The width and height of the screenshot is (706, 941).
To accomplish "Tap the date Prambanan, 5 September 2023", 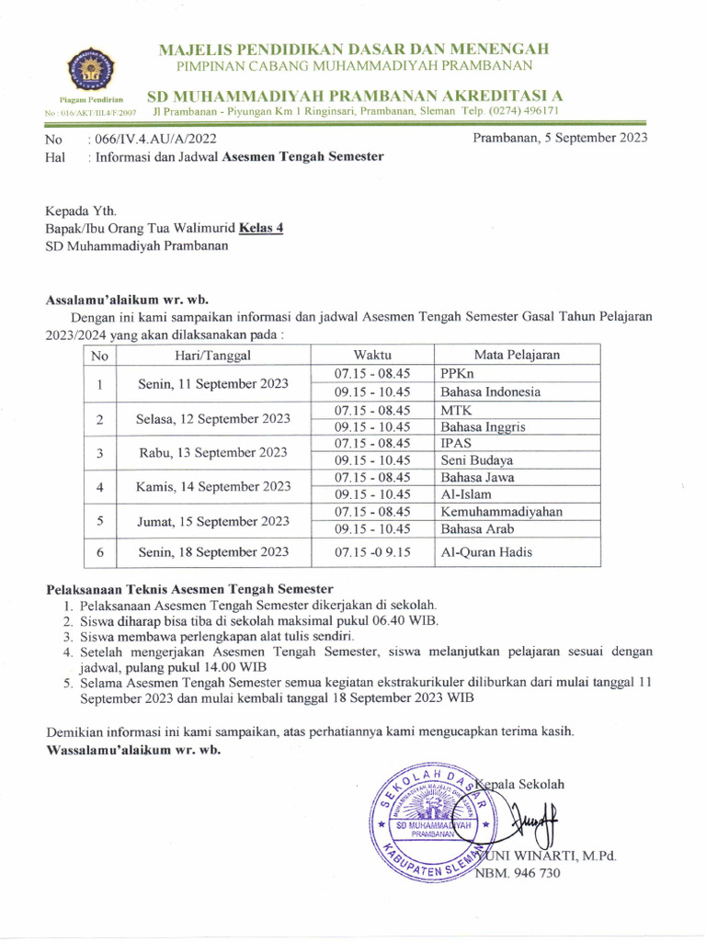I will pyautogui.click(x=560, y=139).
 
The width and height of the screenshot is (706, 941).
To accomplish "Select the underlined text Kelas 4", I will pyautogui.click(x=261, y=228).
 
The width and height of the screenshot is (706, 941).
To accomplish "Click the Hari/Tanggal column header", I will pyautogui.click(x=212, y=355).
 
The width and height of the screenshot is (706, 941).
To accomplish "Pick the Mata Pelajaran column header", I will pyautogui.click(x=517, y=355).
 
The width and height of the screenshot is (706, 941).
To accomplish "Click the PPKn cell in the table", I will pyautogui.click(x=457, y=374).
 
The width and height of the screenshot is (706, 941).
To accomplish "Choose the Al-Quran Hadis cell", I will pyautogui.click(x=486, y=552).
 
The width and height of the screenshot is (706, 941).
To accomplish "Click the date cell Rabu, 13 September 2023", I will pyautogui.click(x=212, y=452).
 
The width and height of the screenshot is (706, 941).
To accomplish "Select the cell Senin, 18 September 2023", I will pyautogui.click(x=212, y=552).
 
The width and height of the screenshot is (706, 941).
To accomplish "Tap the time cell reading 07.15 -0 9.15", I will pyautogui.click(x=372, y=552).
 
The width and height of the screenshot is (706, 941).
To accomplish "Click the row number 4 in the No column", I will pyautogui.click(x=100, y=486).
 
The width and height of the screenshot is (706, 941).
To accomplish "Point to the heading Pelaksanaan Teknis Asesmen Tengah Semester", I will pyautogui.click(x=189, y=588).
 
